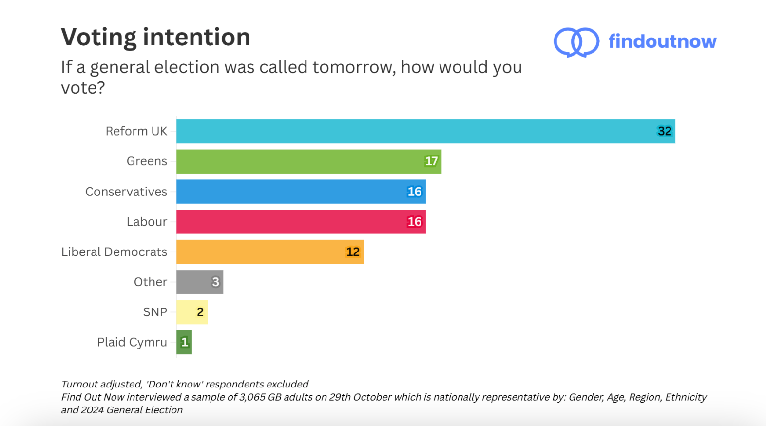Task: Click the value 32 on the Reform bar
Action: click(x=665, y=131)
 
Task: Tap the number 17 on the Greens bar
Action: click(x=431, y=161)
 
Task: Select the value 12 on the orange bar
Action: click(x=353, y=252)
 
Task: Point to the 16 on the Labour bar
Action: click(x=415, y=222)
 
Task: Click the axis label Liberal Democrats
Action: click(x=114, y=252)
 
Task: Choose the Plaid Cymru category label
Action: click(x=132, y=342)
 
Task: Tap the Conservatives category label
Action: click(x=126, y=192)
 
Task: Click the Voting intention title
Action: click(x=155, y=38)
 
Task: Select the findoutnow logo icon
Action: click(x=576, y=42)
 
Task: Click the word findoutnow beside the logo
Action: click(x=662, y=41)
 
